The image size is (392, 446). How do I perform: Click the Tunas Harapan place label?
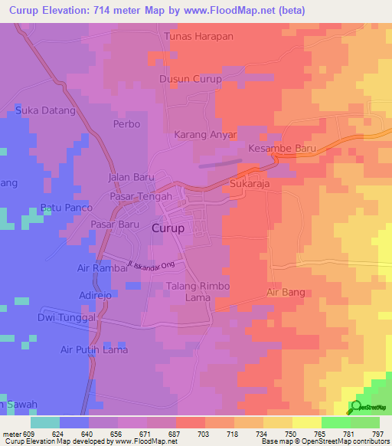(198, 36)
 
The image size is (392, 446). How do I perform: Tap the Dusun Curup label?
(190, 79)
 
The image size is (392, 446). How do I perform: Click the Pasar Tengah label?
(139, 196)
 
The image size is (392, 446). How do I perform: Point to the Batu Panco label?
(66, 208)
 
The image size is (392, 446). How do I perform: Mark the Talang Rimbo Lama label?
(188, 291)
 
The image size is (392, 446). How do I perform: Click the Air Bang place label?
(287, 292)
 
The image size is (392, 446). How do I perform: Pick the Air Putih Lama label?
(94, 349)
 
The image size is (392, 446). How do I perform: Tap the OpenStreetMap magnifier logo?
(354, 407)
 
